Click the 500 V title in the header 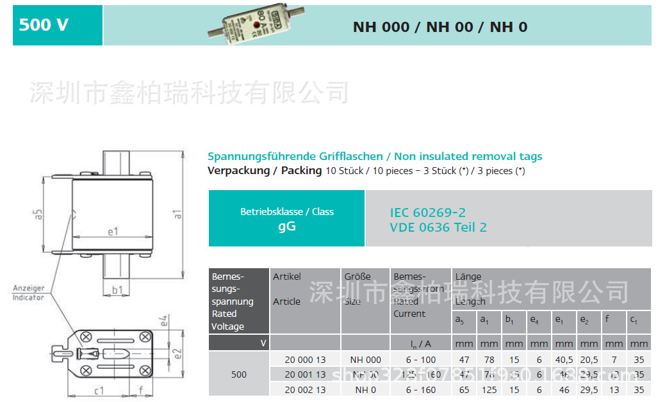tap(44, 26)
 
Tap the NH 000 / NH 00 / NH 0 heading tap(440, 27)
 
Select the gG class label tap(286, 226)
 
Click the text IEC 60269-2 tap(427, 213)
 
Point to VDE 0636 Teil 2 tap(438, 227)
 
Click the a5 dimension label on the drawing tap(38, 215)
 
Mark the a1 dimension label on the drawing tap(178, 214)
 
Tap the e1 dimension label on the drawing tap(113, 231)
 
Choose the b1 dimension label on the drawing tap(117, 290)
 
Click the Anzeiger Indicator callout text tap(29, 293)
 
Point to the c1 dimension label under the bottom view tap(99, 389)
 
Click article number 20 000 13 tap(305, 360)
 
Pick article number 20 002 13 tap(305, 389)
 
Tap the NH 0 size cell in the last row tap(365, 389)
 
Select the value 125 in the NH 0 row tap(488, 389)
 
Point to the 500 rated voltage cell tap(238, 374)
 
